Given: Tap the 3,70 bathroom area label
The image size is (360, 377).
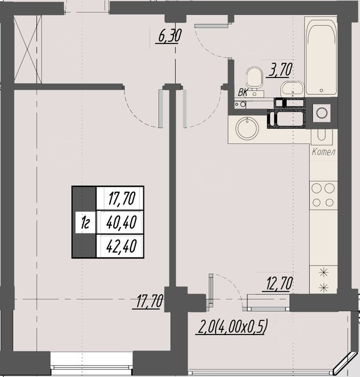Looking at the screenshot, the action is pos(279,70).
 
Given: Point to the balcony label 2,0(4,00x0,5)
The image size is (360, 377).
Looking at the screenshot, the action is pos(232,327).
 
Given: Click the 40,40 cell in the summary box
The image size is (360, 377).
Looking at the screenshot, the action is pos(121,222).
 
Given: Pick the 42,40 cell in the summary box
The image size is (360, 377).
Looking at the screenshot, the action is pos(121,246).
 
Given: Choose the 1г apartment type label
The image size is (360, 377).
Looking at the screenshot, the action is pos(85,222).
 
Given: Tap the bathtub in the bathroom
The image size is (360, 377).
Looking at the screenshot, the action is pos(321,56).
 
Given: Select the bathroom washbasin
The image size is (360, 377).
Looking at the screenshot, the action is pos(292,89).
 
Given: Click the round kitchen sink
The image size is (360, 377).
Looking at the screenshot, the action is pos(247,128).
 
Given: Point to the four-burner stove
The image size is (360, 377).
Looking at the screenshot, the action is pos(323,195).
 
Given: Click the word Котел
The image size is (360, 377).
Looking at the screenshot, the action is pos(323,152).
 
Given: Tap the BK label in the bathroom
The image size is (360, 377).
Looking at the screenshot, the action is pos(243,92).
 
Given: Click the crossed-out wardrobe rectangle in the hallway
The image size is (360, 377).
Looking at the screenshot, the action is pos(28,49).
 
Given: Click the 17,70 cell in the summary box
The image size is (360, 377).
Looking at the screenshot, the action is pos(121,198).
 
